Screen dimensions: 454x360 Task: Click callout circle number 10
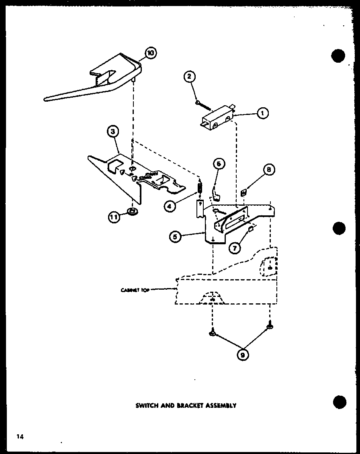point(151,53)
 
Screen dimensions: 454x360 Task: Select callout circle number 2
point(190,76)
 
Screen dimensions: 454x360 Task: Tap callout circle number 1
point(262,114)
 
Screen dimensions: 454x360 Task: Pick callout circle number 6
point(219,164)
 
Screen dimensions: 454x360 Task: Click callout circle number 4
point(170,206)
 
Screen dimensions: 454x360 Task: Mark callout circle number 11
point(114,217)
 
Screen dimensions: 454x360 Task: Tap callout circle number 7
point(234,248)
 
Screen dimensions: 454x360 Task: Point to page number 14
point(20,436)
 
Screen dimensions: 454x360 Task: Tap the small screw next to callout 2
point(203,105)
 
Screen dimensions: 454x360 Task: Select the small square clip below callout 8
point(243,193)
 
